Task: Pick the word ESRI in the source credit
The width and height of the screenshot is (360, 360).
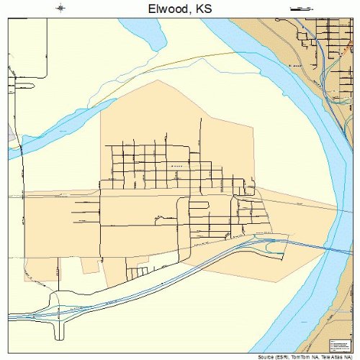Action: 282,356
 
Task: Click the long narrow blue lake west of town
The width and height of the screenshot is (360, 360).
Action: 65,133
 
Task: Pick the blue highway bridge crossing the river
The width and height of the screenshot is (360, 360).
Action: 331,251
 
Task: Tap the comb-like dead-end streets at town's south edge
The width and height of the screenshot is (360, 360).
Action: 137,272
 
